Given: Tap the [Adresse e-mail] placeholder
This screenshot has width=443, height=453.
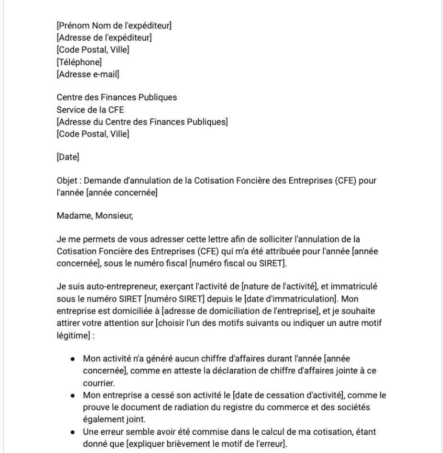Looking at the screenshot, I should (x=88, y=74).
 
